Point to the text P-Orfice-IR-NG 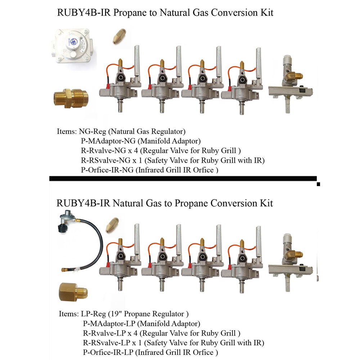[x=108, y=170]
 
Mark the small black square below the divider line [x=318, y=184]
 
